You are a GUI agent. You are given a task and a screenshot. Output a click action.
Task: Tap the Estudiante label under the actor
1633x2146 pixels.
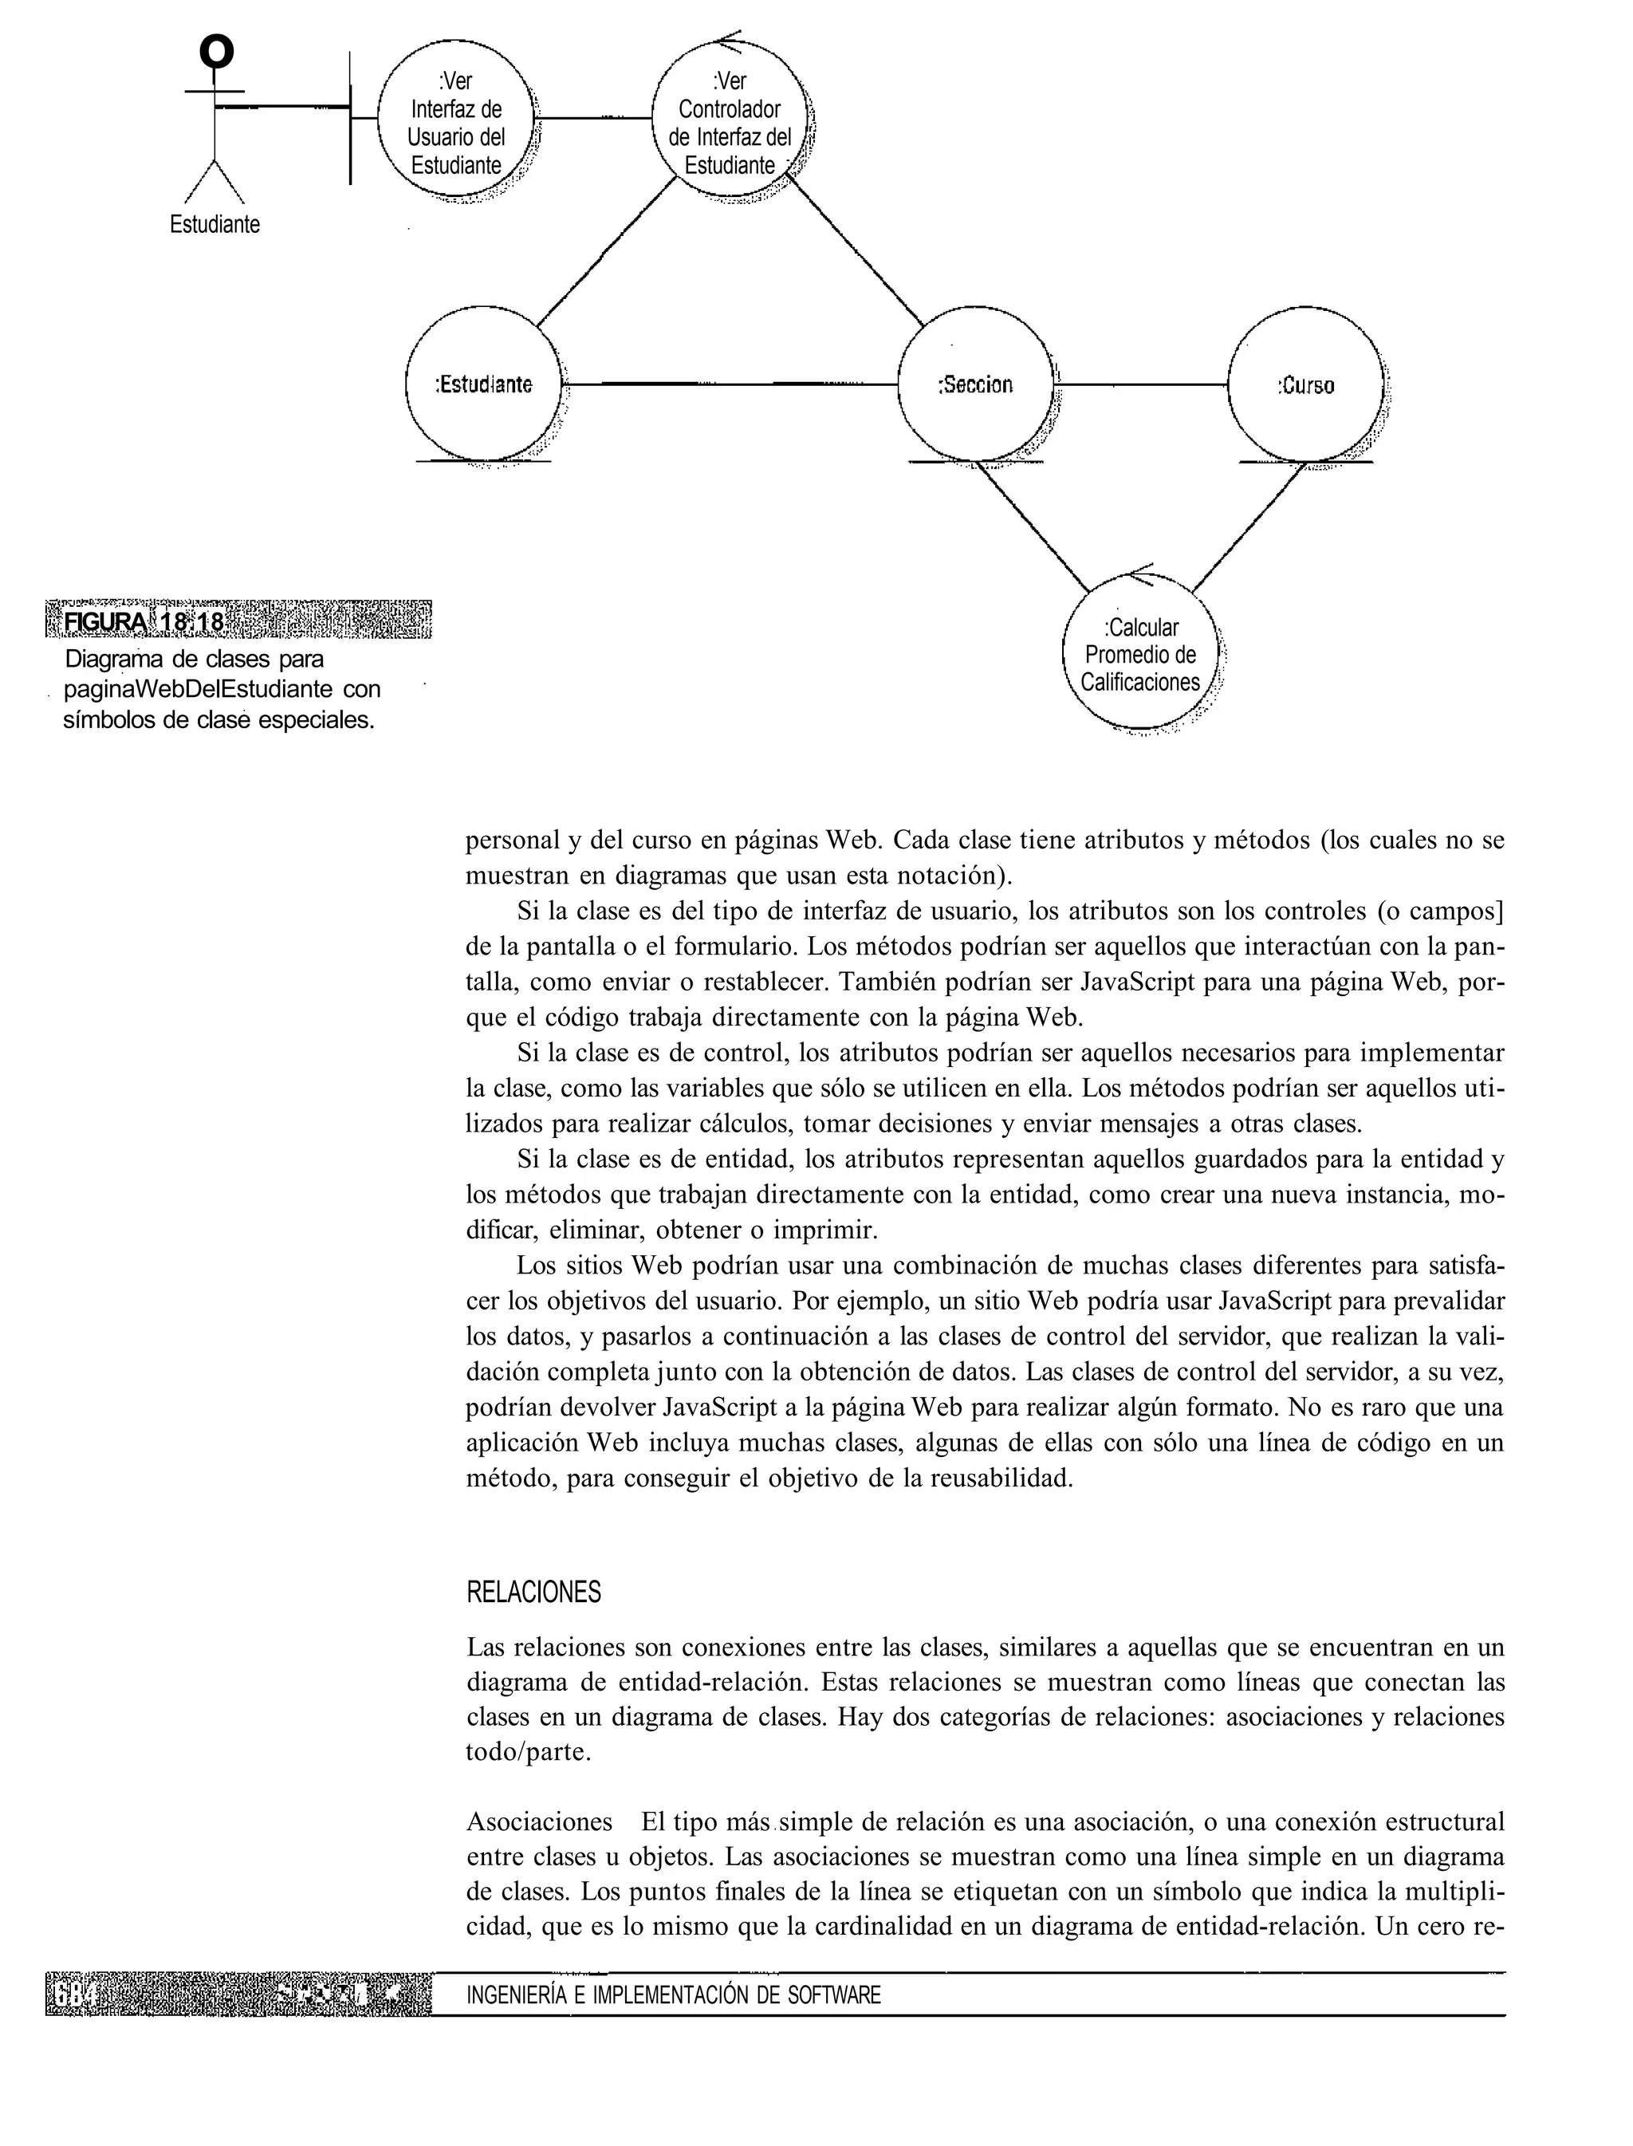pyautogui.click(x=214, y=225)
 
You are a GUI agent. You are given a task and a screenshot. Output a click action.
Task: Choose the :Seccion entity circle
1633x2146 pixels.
pyautogui.click(x=975, y=385)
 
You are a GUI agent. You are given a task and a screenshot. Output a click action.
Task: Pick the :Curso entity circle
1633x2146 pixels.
pyautogui.click(x=1305, y=385)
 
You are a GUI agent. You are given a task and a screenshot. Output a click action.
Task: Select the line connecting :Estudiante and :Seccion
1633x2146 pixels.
pyautogui.click(x=729, y=385)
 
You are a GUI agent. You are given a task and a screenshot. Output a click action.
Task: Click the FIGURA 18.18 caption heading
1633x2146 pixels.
pyautogui.click(x=144, y=622)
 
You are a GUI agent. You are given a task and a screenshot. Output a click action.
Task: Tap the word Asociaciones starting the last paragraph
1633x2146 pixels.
pyautogui.click(x=540, y=1821)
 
